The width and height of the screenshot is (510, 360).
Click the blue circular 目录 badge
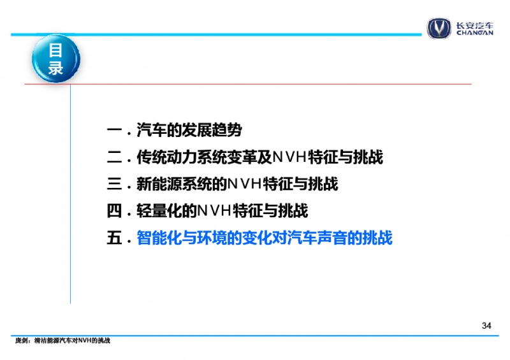pos(56,59)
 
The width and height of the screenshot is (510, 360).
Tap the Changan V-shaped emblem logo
pos(439,28)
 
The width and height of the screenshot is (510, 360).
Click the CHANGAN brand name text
pos(475,32)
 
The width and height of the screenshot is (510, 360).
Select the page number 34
pos(486,326)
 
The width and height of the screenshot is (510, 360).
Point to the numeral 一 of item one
pos(115,131)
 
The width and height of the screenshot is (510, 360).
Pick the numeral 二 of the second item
pos(115,157)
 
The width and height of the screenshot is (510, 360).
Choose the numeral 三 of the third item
pos(115,184)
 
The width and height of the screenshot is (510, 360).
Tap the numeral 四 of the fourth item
pos(115,211)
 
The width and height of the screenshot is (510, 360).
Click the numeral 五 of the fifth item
pos(115,238)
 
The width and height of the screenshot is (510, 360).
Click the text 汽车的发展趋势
pos(189,131)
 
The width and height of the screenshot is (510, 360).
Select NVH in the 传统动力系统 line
pos(290,157)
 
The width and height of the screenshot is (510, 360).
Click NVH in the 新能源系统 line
pos(245,184)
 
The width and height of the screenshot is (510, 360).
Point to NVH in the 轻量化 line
pos(214,211)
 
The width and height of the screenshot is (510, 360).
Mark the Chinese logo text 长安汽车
pos(475,25)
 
